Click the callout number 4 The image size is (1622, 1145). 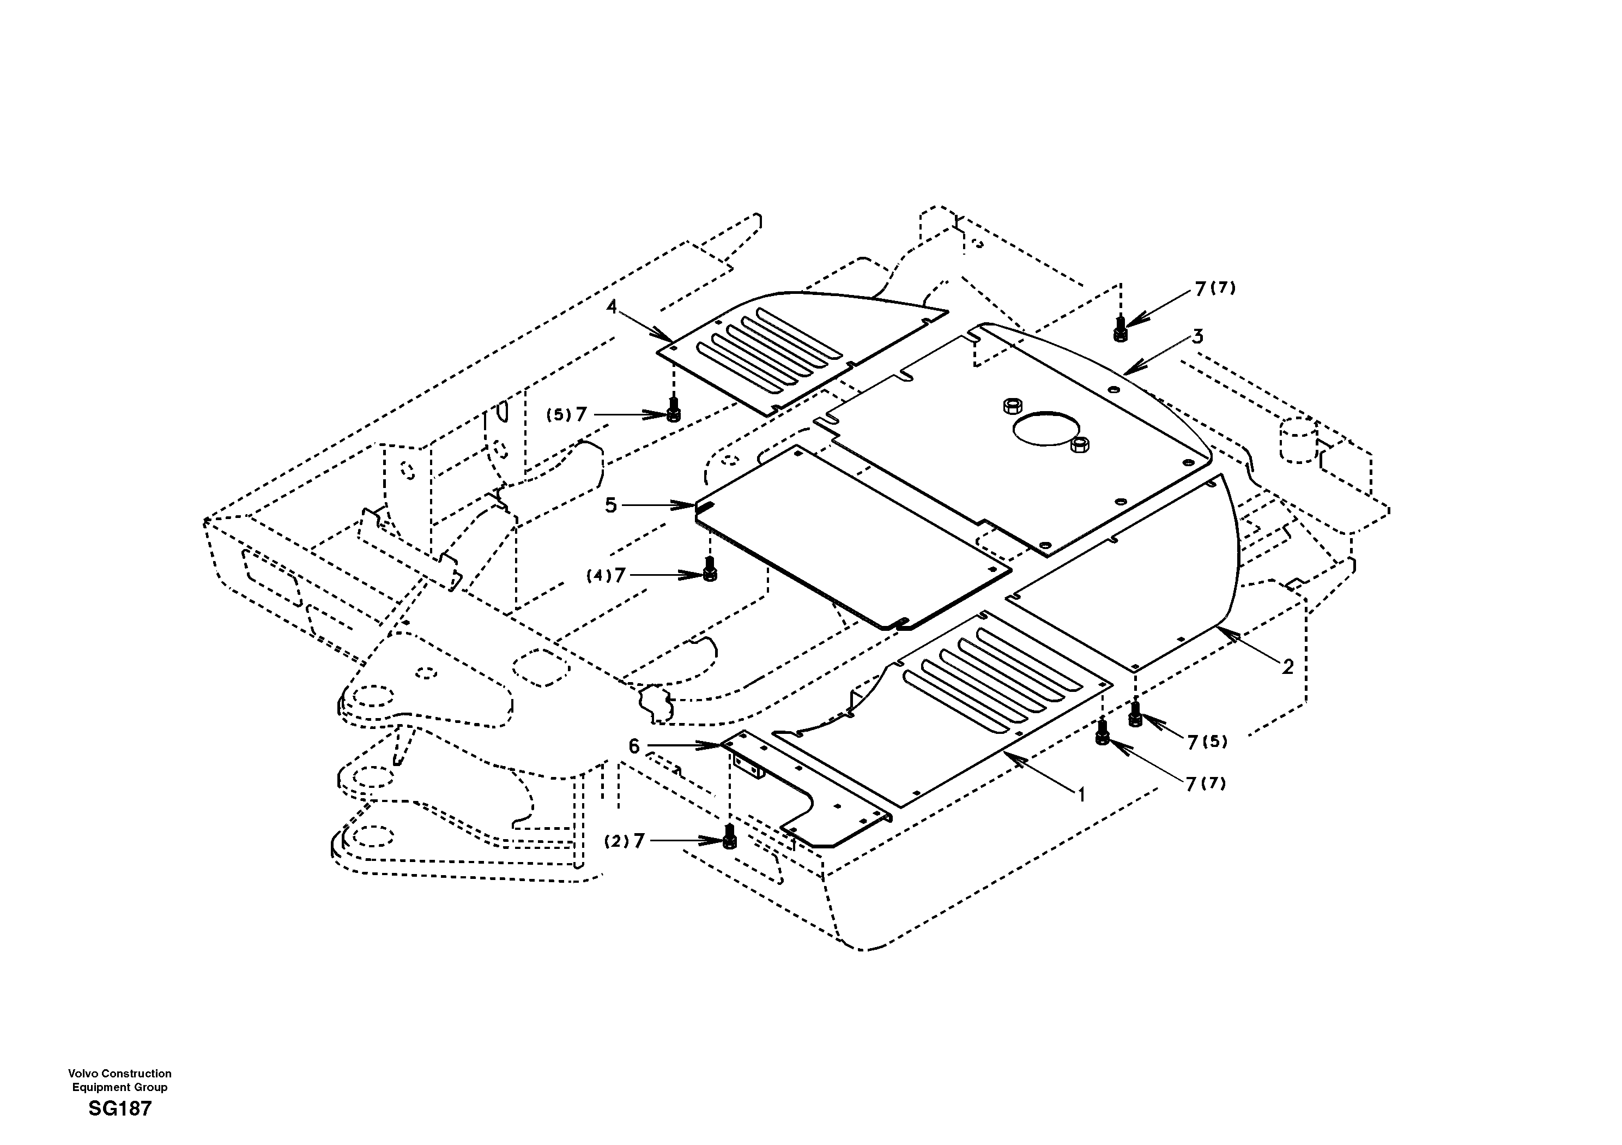pyautogui.click(x=611, y=307)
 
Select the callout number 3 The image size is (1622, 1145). pyautogui.click(x=1197, y=336)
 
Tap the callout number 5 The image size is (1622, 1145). pyautogui.click(x=610, y=505)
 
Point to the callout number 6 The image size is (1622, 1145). pyautogui.click(x=634, y=746)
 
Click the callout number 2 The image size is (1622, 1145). pyautogui.click(x=1287, y=666)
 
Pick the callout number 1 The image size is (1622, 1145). pyautogui.click(x=1081, y=795)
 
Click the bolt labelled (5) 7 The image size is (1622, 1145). pyautogui.click(x=673, y=410)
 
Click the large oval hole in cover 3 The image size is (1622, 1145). pyautogui.click(x=1046, y=429)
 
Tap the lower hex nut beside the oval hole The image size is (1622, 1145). pyautogui.click(x=1080, y=444)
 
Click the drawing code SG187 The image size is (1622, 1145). pyautogui.click(x=119, y=1109)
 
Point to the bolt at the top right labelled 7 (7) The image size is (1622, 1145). pyautogui.click(x=1119, y=329)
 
